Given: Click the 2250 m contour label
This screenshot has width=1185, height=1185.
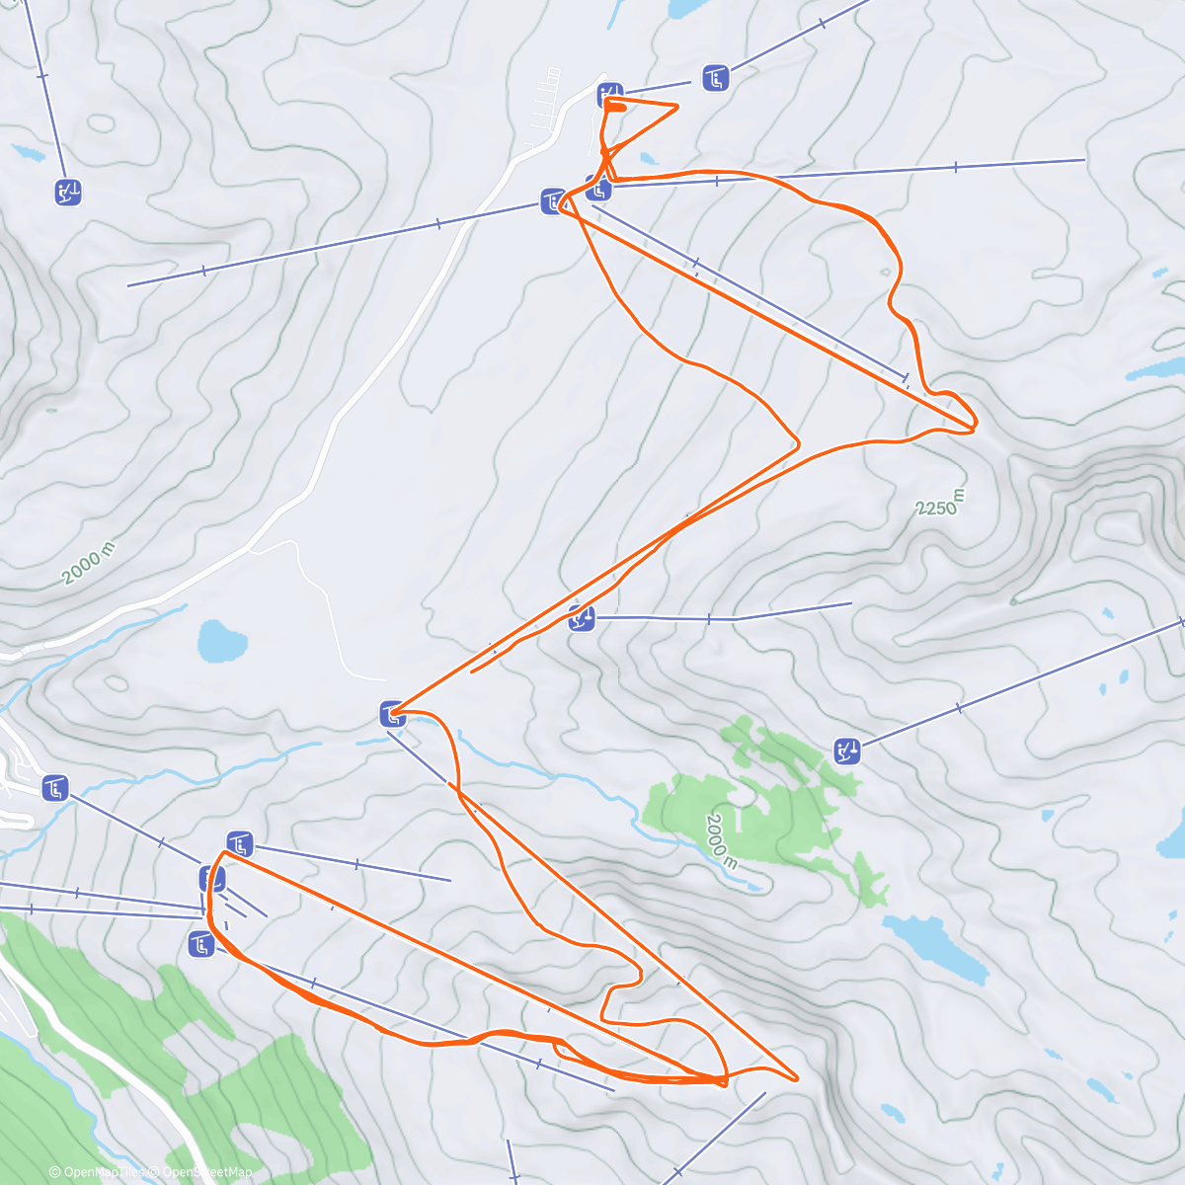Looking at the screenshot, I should click(x=937, y=504).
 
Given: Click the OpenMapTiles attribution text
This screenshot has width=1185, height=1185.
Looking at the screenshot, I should click(x=99, y=1172).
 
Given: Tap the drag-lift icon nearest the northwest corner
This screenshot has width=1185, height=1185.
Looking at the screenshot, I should click(x=68, y=192).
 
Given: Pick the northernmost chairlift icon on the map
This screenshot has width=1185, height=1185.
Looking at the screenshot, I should click(x=716, y=77).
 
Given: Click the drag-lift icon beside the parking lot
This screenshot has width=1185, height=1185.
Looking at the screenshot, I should click(x=610, y=95).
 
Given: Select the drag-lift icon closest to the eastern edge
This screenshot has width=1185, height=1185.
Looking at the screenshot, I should click(x=847, y=751).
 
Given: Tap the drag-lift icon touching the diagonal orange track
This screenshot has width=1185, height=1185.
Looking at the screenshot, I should click(x=583, y=619).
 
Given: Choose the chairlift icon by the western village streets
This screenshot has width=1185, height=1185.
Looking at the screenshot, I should click(x=55, y=788).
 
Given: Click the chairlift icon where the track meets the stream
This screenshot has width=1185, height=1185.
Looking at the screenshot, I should click(x=392, y=713).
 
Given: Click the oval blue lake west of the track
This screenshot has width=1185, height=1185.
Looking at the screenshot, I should click(x=221, y=642).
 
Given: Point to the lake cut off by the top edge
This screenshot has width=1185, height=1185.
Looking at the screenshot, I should click(x=684, y=9).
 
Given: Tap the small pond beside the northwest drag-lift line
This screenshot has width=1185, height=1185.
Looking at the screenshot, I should click(x=29, y=153).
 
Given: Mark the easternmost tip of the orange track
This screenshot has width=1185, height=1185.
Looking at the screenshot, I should click(x=976, y=425).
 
